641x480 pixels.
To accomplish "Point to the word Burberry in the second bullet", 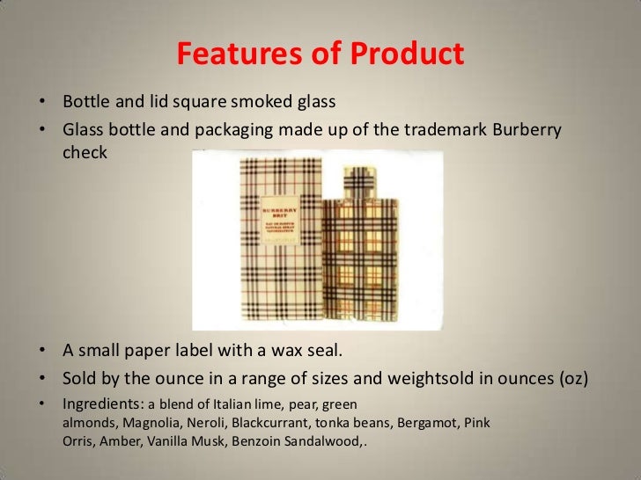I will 527,129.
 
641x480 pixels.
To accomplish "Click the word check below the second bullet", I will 85,152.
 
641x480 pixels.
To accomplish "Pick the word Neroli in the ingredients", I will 199,423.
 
